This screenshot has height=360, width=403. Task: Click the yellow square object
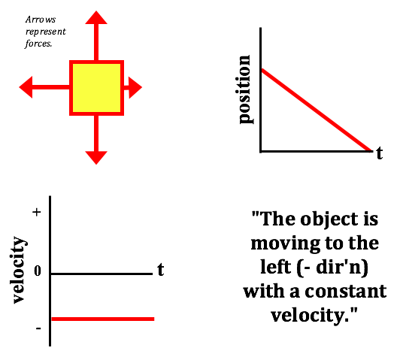point(97,88)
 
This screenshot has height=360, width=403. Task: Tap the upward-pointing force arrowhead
point(96,17)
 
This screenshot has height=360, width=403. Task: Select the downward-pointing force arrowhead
point(96,158)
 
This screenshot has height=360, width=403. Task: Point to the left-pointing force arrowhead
point(26,87)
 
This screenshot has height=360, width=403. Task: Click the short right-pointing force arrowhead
point(135,87)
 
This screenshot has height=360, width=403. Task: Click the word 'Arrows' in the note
point(41,20)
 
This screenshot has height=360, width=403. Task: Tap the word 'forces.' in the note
point(38,44)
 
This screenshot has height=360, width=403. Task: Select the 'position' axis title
point(244,89)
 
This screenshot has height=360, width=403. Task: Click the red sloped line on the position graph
point(317,110)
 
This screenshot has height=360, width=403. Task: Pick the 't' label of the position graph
point(380,153)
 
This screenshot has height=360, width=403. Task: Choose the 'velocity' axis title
point(19,270)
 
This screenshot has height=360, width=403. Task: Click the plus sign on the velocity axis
point(37,212)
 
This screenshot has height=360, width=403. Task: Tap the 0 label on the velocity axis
point(38,271)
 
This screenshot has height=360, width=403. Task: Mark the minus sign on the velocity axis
point(38,328)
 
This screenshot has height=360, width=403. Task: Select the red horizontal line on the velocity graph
point(103,319)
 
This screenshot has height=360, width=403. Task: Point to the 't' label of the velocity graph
point(161,270)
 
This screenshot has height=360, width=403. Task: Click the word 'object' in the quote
point(329,219)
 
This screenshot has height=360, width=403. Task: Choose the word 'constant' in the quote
point(346,292)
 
